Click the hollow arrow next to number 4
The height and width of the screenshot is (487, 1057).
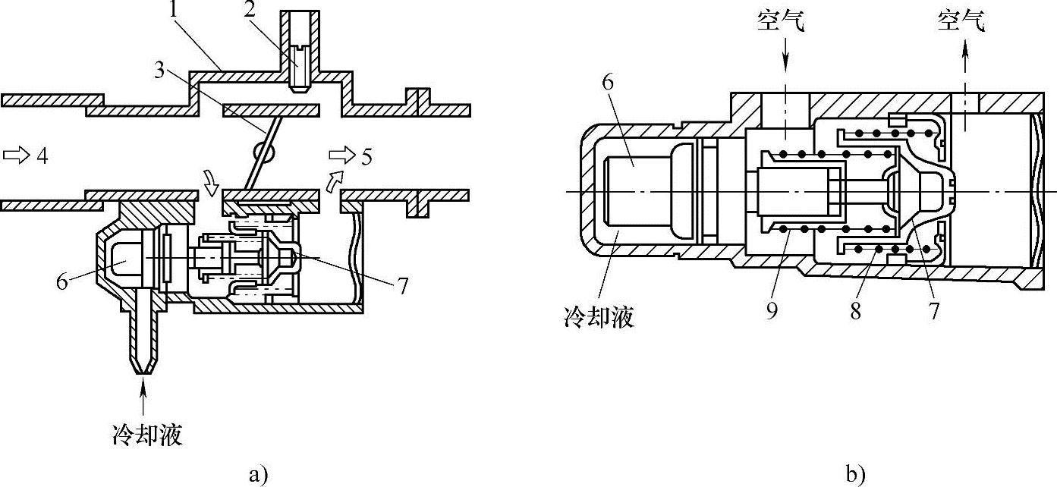pos(14,155)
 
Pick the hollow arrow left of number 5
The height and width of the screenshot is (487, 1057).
pos(341,155)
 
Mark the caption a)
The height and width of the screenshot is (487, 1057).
pos(259,474)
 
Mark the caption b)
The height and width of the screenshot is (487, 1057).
pos(856,474)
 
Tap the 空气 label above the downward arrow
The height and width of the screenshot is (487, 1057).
pos(781,22)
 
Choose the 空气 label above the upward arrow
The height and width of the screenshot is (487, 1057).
pos(961,22)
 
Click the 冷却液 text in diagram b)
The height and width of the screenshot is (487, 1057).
pos(595,316)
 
